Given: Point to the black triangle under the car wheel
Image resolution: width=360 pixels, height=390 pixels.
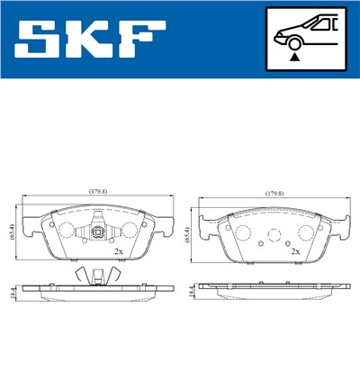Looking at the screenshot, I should (293, 56).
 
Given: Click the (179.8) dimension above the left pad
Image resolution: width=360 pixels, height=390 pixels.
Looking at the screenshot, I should (98, 192).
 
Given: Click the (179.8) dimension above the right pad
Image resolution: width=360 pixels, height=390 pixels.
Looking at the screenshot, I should (274, 193).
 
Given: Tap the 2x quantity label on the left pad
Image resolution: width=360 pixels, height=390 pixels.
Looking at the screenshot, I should (118, 251).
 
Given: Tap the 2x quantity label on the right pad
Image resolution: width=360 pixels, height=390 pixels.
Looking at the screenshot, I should (294, 251).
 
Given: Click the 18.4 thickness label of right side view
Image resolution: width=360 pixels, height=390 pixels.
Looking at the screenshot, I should (191, 292).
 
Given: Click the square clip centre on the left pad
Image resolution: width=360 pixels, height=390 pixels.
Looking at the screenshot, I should (98, 231).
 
